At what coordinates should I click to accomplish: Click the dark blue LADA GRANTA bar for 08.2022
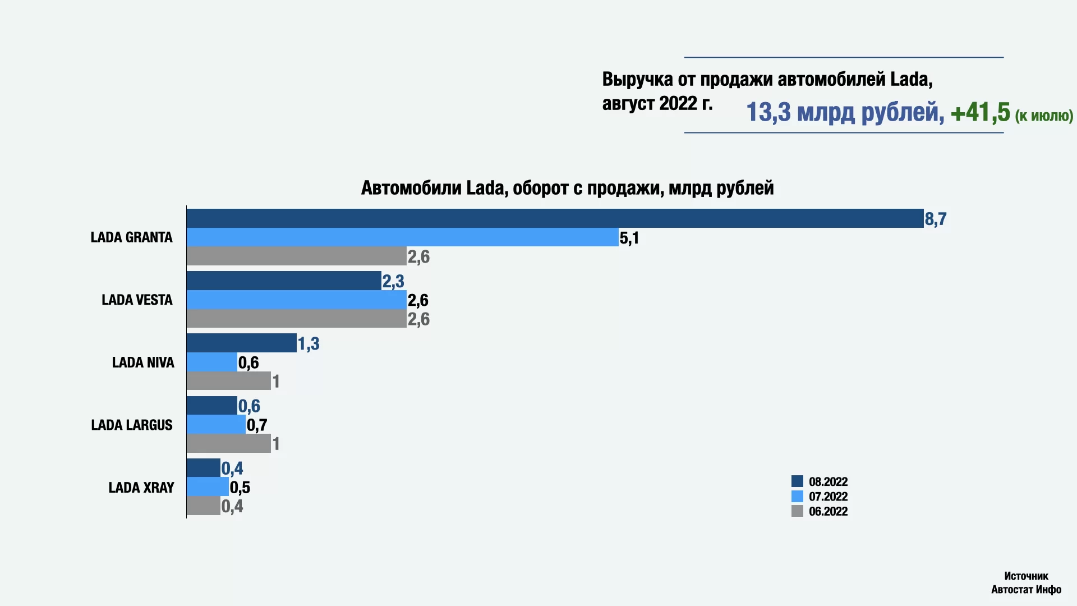click(x=555, y=218)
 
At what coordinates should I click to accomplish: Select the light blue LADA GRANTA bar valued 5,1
click(x=402, y=237)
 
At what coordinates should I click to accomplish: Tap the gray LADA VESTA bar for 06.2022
click(x=296, y=319)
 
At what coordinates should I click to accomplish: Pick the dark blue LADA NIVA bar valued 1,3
click(x=241, y=343)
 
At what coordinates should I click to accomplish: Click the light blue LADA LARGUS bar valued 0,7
click(x=216, y=424)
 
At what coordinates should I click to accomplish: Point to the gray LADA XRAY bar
click(x=203, y=506)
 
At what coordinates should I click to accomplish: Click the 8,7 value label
click(x=935, y=219)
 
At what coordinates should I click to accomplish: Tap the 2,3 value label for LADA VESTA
click(x=393, y=281)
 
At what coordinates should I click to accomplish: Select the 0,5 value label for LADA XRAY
click(x=240, y=487)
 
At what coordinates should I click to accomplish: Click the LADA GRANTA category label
click(x=131, y=237)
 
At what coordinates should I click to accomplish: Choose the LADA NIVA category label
click(x=143, y=362)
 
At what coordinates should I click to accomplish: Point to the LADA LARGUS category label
click(x=132, y=425)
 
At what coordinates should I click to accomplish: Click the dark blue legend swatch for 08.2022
click(x=797, y=481)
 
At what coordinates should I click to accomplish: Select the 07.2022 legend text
click(x=828, y=497)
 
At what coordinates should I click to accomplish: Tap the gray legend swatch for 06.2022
click(x=797, y=511)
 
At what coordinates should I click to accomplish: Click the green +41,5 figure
click(x=980, y=112)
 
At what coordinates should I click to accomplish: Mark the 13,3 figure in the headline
click(x=768, y=112)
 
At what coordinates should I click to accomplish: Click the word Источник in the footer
click(x=1026, y=576)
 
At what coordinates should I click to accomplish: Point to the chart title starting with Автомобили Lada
click(x=567, y=187)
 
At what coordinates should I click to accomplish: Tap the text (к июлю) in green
click(x=1044, y=116)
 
